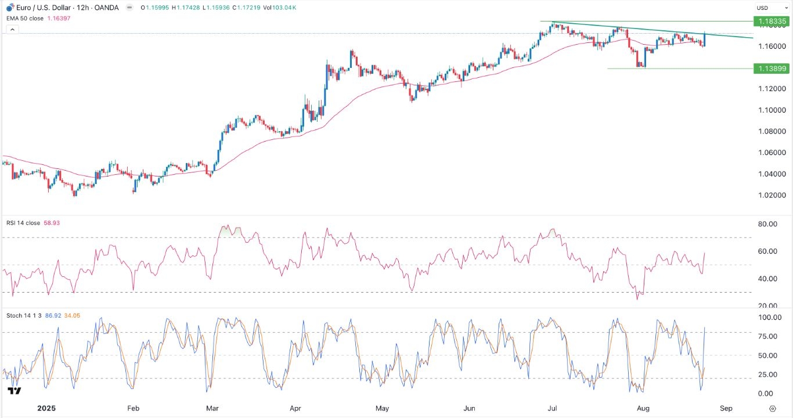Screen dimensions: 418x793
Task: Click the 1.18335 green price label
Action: (x=771, y=21)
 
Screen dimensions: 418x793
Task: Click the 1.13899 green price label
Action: (x=771, y=69)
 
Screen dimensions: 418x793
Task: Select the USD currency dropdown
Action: (x=770, y=8)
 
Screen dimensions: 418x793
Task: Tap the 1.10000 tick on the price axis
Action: (x=771, y=110)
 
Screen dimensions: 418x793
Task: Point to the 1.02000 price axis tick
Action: (x=771, y=196)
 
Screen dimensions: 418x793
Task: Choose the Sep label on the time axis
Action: (x=726, y=408)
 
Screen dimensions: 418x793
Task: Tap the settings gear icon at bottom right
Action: (x=772, y=408)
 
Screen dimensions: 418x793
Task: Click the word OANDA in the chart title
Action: (x=107, y=8)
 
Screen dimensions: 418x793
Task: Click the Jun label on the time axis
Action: (x=469, y=408)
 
